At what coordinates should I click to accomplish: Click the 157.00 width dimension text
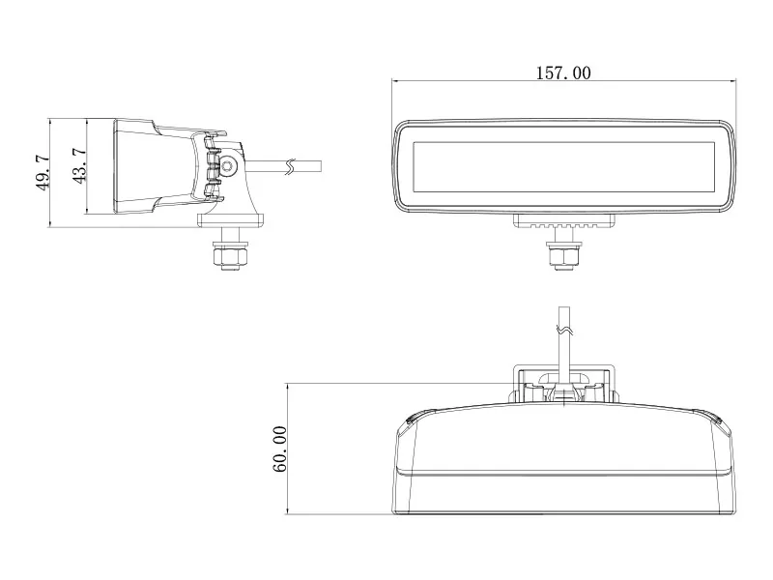pyautogui.click(x=562, y=72)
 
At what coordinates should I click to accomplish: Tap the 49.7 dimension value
pyautogui.click(x=43, y=173)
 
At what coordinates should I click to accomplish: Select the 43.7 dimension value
pyautogui.click(x=79, y=165)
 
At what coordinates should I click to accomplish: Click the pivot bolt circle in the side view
pyautogui.click(x=228, y=166)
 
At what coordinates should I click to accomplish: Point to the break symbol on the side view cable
pyautogui.click(x=287, y=165)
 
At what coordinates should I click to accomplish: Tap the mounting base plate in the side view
pyautogui.click(x=230, y=220)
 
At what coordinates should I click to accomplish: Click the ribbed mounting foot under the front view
pyautogui.click(x=563, y=222)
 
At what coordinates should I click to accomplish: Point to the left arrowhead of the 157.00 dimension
pyautogui.click(x=395, y=81)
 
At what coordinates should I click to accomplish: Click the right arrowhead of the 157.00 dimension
pyautogui.click(x=732, y=81)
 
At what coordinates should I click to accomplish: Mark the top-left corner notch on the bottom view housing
pyautogui.click(x=410, y=419)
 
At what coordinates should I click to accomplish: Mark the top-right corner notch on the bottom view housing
pyautogui.click(x=716, y=419)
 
